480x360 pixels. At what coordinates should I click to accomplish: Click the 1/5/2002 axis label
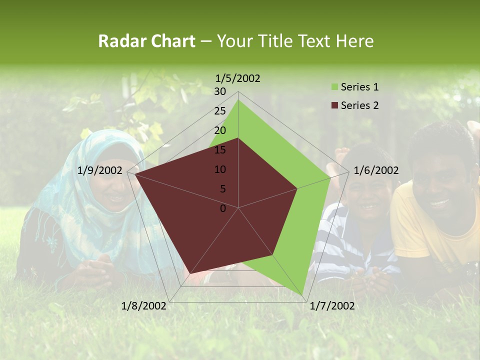238,78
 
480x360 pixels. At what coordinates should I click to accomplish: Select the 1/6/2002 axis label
376,170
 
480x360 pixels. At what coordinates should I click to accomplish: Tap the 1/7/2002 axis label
332,305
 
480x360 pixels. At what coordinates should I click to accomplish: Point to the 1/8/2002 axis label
144,305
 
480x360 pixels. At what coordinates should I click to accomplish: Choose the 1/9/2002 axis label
100,170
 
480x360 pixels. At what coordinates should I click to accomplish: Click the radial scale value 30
220,91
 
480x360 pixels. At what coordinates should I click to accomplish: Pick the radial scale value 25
220,111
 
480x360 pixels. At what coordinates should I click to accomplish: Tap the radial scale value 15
220,150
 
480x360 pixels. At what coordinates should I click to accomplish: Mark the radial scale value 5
223,189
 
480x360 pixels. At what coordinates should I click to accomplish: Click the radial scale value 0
223,208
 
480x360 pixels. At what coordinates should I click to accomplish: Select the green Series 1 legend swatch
334,87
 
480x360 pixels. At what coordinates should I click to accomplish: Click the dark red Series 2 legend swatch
334,105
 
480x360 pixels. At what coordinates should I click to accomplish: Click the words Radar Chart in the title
146,41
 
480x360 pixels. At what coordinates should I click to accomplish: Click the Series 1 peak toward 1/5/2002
238,100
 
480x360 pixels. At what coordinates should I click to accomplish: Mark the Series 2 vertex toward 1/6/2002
297,188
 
